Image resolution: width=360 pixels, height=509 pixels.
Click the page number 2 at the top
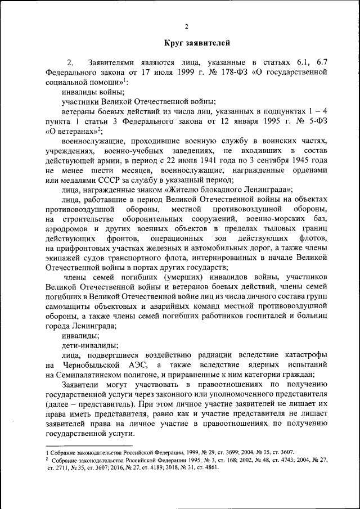pos(186,26)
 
